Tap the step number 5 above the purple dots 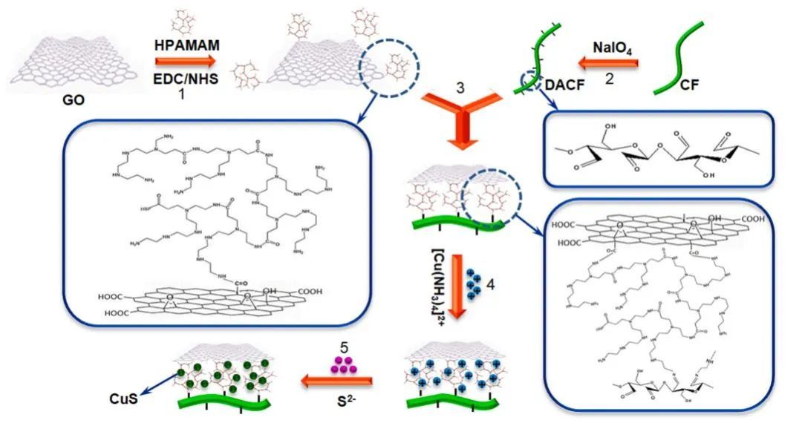(x=342, y=347)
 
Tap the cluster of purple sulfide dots (x=342, y=365)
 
